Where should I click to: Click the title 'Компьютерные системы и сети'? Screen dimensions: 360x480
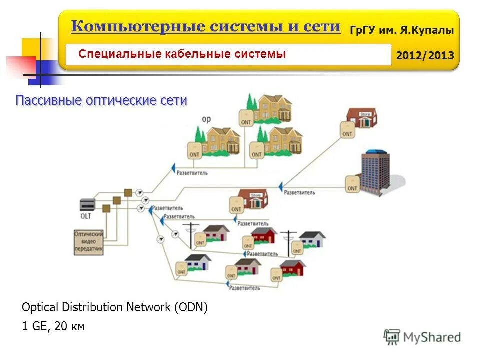click(x=205, y=26)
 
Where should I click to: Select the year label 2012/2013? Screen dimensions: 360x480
click(x=425, y=55)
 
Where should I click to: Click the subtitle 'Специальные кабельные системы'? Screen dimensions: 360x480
click(x=182, y=54)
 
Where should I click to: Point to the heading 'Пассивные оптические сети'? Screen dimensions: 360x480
click(x=101, y=100)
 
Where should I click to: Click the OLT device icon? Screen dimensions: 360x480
click(x=87, y=205)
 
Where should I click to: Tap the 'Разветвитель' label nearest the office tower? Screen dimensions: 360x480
click(x=299, y=192)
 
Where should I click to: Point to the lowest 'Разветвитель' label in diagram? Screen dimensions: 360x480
click(x=244, y=288)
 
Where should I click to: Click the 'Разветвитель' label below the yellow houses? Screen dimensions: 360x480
click(x=192, y=173)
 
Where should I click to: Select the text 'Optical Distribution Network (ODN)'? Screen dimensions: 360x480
click(x=114, y=307)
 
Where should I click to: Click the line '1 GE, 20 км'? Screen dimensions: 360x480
click(x=53, y=327)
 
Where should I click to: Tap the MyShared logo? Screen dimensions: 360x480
click(x=422, y=337)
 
